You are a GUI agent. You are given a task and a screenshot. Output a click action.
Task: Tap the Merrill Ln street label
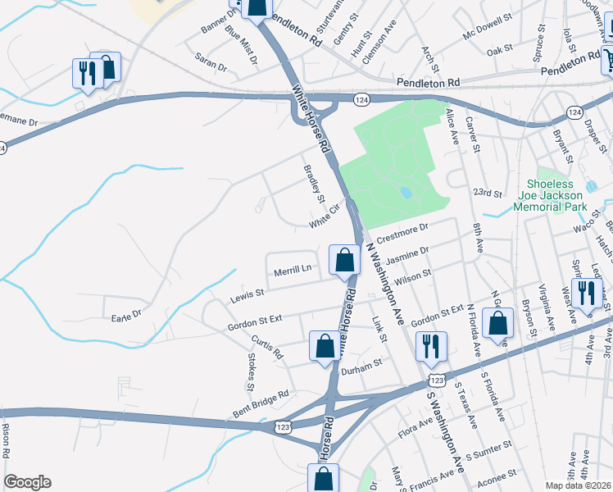293,269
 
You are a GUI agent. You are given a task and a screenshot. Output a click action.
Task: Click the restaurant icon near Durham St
429,347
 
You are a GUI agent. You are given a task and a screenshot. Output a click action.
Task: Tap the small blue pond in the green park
405,193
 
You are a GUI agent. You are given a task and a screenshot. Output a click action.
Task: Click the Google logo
27,482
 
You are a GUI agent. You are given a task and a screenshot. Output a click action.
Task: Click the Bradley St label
315,184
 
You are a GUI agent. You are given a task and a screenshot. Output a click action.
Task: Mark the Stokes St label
251,371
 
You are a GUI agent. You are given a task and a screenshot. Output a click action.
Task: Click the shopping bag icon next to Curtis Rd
325,346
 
